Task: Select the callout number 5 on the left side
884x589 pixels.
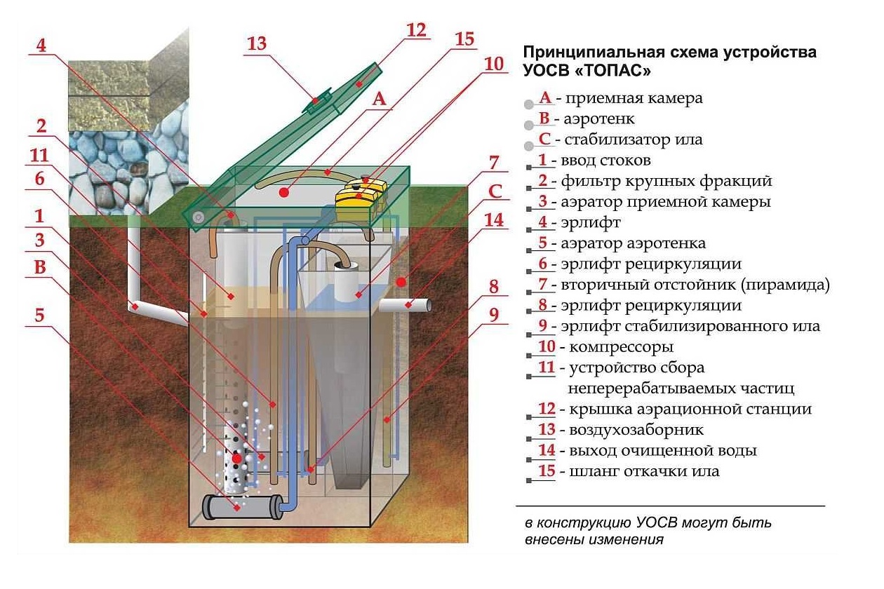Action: coord(40,316)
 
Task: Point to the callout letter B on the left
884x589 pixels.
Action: coord(40,266)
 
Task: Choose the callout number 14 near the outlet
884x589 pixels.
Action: coord(495,219)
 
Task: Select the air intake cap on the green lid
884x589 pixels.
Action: coord(319,100)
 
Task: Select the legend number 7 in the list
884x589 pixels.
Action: coord(542,285)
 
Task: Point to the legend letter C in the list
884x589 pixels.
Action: coord(544,139)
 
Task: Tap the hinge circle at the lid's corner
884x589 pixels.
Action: coord(199,217)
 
